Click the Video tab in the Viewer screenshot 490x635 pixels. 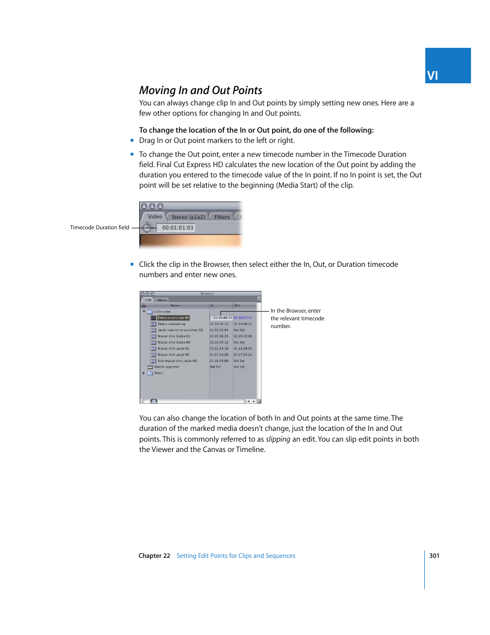pyautogui.click(x=155, y=217)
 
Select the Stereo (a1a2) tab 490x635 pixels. pyautogui.click(x=188, y=217)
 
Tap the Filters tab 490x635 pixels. pyautogui.click(x=222, y=217)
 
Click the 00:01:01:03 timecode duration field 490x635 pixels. pyautogui.click(x=178, y=228)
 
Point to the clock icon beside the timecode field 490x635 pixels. pyautogui.click(x=147, y=227)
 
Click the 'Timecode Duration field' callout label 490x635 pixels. pyautogui.click(x=100, y=227)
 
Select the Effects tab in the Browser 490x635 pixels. pyautogui.click(x=162, y=300)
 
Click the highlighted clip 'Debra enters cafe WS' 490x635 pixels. pyautogui.click(x=173, y=318)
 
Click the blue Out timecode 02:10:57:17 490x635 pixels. pyautogui.click(x=243, y=318)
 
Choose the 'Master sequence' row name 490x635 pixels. pyautogui.click(x=167, y=367)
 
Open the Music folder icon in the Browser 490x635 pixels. pyautogui.click(x=150, y=373)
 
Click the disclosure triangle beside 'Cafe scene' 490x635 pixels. pyautogui.click(x=144, y=312)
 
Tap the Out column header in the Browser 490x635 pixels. pyautogui.click(x=237, y=305)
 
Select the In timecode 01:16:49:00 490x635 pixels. pyautogui.click(x=219, y=361)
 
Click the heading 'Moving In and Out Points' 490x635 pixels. pyautogui.click(x=200, y=90)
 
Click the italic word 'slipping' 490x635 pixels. pyautogui.click(x=278, y=439)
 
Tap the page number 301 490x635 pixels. pyautogui.click(x=434, y=556)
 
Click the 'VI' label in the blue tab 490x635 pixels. pyautogui.click(x=432, y=76)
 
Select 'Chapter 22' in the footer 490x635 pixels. pyautogui.click(x=154, y=556)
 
